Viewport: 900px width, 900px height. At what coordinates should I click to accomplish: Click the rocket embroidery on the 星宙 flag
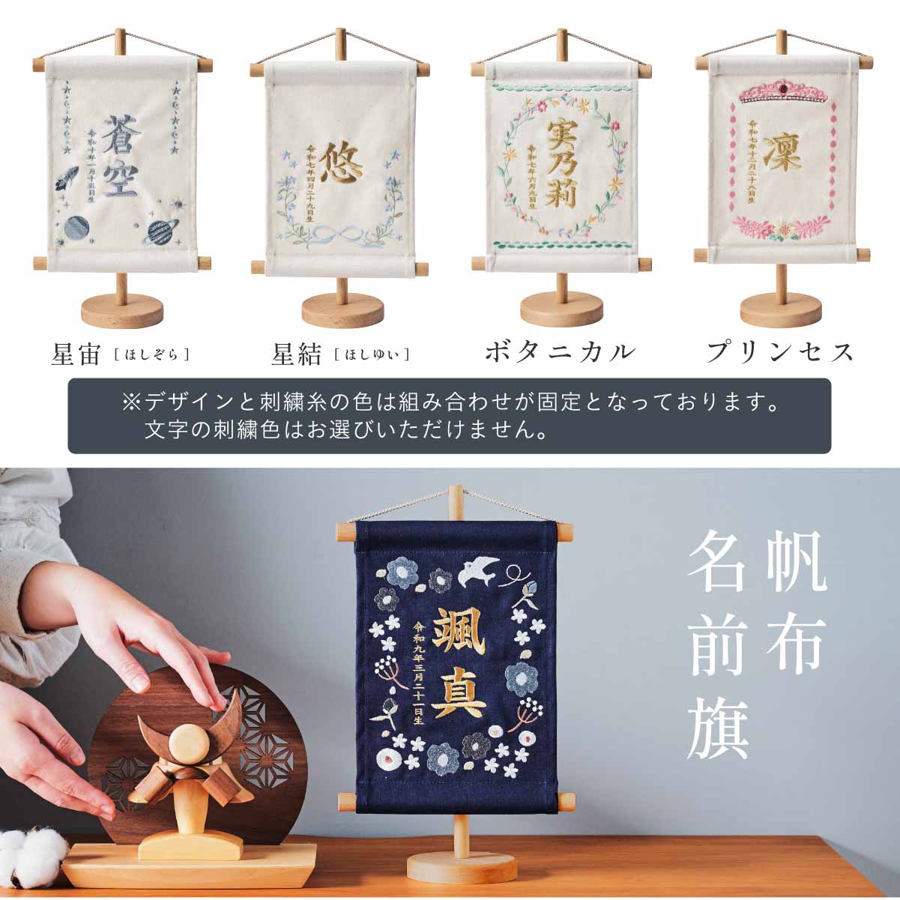pos(66,181)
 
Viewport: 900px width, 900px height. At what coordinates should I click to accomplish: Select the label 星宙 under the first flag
pos(76,354)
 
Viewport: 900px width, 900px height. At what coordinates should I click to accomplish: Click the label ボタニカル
pos(560,352)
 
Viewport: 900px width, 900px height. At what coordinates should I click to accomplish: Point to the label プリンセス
pos(780,352)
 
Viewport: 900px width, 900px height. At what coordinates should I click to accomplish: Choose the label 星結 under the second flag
pos(297,354)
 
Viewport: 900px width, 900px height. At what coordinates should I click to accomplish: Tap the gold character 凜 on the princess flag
pos(783,154)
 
